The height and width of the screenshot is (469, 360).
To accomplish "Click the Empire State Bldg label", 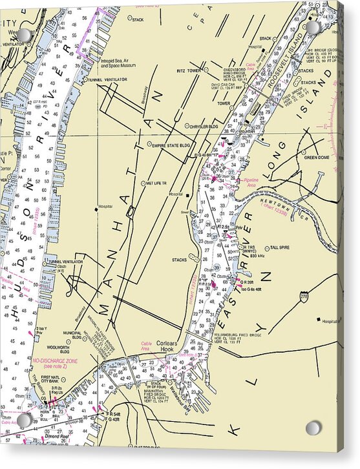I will pos(171,146).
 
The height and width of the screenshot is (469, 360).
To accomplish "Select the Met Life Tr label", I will pos(157,183).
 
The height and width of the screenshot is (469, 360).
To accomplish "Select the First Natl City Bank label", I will pos(54,380).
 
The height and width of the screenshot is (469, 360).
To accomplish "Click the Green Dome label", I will pos(317,157).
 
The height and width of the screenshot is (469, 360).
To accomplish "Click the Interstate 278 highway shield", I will pos(304,295).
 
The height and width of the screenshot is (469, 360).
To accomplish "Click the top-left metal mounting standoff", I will pos(24,34).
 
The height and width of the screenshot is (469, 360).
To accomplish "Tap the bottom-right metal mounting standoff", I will pos(313,428).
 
